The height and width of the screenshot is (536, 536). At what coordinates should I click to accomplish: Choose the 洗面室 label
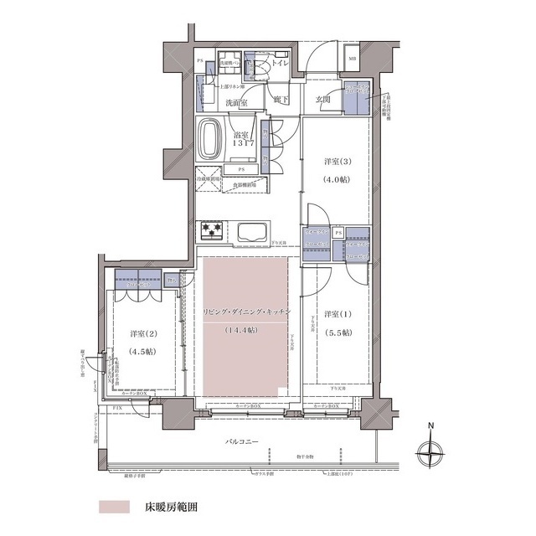[x=237, y=103]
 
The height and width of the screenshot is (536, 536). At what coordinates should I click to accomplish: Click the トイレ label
[x=279, y=62]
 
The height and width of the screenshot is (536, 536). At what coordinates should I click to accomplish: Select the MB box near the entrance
[x=353, y=59]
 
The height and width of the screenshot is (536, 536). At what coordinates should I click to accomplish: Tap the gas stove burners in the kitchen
[x=210, y=231]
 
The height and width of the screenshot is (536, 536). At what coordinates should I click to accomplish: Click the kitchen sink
[x=251, y=232]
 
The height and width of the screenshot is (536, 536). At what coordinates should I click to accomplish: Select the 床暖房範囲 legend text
[x=172, y=508]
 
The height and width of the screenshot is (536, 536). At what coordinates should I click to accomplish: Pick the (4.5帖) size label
[x=142, y=351]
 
